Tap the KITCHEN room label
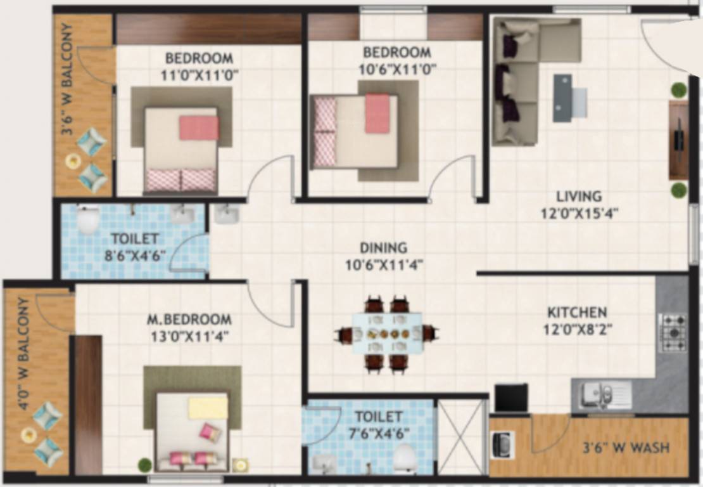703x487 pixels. (x=576, y=313)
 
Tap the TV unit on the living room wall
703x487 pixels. (x=678, y=140)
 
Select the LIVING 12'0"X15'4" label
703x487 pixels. (x=579, y=204)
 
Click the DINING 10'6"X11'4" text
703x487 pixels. (x=384, y=256)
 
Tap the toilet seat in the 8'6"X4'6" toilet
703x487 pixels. (x=87, y=221)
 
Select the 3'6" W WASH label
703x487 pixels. (x=626, y=448)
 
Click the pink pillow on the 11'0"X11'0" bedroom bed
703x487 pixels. (x=199, y=127)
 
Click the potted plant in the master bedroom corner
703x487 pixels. (x=145, y=465)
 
